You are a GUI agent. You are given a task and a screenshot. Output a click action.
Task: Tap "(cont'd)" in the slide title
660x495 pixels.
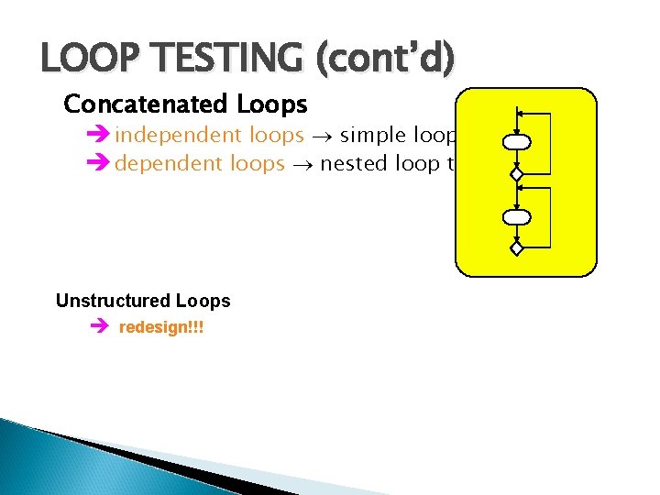click(x=384, y=60)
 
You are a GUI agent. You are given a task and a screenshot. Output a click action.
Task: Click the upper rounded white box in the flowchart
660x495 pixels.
click(x=517, y=142)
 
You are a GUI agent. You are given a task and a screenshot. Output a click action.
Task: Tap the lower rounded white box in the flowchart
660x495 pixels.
click(x=517, y=216)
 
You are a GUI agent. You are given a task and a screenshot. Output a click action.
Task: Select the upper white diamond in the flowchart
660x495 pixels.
click(x=517, y=173)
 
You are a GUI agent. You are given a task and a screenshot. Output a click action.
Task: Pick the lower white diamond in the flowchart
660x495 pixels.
click(x=517, y=247)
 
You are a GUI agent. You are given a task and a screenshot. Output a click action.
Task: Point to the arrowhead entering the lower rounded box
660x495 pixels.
click(x=517, y=206)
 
